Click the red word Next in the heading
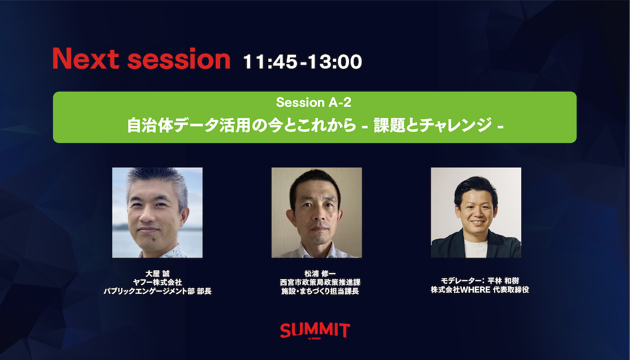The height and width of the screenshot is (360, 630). [x=86, y=58]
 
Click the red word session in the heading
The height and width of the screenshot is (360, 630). [x=179, y=59]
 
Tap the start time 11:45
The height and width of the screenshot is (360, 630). [x=270, y=61]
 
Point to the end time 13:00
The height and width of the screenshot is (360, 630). [x=335, y=61]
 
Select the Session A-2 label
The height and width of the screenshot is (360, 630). [x=313, y=102]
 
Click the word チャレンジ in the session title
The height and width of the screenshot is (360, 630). [x=456, y=125]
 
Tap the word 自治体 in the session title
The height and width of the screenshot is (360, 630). [x=150, y=125]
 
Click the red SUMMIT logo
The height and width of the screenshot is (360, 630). [x=315, y=331]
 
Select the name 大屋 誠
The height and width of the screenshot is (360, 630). [x=157, y=273]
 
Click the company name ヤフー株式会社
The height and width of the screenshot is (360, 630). [x=157, y=282]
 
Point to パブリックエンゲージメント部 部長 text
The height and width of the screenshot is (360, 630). [x=157, y=291]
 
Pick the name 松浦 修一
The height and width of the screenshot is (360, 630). [x=320, y=273]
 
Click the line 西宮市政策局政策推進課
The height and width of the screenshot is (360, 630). [x=320, y=282]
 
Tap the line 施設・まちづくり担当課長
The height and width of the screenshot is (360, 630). [x=320, y=291]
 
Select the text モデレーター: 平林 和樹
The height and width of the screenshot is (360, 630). [x=480, y=281]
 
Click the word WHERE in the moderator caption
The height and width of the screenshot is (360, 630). [x=476, y=290]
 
